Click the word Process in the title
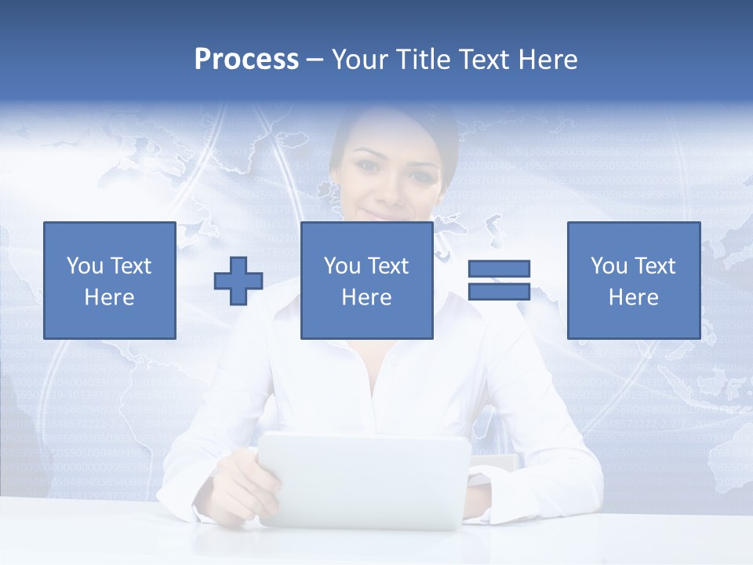pos(246,60)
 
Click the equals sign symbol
pos(499,280)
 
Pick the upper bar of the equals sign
pos(499,269)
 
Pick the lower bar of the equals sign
pos(499,291)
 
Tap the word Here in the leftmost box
pos(109,297)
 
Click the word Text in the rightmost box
pos(654,266)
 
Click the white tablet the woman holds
pos(364,479)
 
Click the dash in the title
pos(315,60)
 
